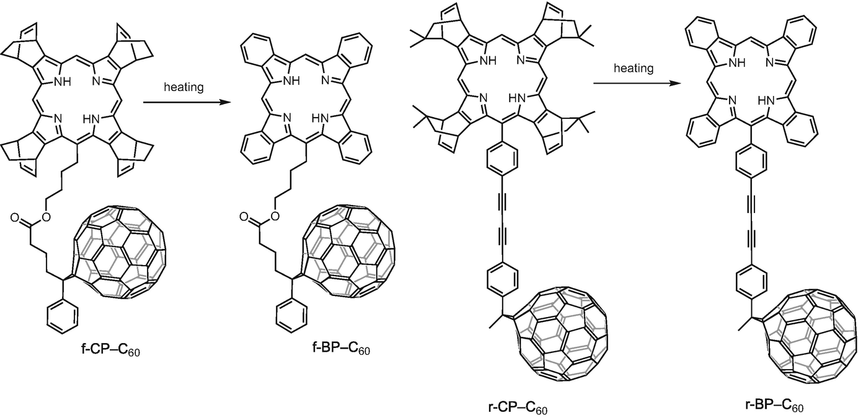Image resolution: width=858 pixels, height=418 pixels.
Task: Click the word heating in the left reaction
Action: tap(184, 87)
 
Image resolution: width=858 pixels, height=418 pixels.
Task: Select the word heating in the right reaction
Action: tap(634, 68)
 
